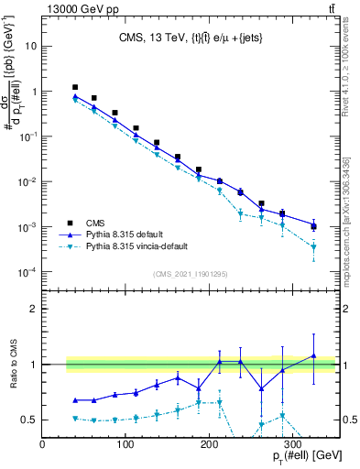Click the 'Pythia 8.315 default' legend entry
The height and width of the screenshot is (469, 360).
pos(127,234)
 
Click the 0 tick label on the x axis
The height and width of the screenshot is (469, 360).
pos(42,446)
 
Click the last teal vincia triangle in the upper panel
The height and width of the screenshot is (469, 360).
pos(313,246)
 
